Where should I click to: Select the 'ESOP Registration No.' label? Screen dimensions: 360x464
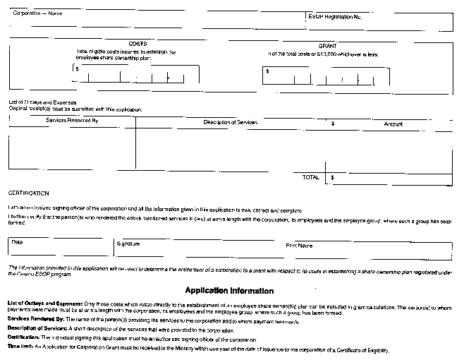[x=334, y=16]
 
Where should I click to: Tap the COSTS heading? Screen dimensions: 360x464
[x=138, y=44]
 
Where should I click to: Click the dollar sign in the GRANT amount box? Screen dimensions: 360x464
[x=267, y=71]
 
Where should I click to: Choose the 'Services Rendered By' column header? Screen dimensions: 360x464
[x=72, y=121]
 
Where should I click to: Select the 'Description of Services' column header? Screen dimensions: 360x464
[x=231, y=123]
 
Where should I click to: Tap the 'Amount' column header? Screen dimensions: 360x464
[x=393, y=124]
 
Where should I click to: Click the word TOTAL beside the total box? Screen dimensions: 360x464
[x=310, y=177]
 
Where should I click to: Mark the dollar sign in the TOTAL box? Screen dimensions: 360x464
[x=332, y=177]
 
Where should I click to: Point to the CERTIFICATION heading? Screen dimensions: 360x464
[x=29, y=193]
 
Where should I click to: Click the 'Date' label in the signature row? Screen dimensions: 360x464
[x=17, y=242]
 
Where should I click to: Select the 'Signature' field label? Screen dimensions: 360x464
[x=128, y=244]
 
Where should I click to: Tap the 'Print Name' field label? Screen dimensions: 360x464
[x=299, y=246]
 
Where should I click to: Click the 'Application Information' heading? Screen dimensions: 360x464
[x=229, y=290]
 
